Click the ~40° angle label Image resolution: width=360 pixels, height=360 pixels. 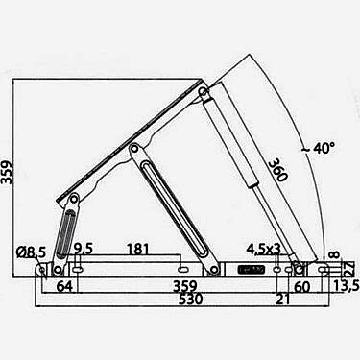pyautogui.click(x=318, y=149)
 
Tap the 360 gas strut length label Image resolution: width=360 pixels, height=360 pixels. pyautogui.click(x=276, y=170)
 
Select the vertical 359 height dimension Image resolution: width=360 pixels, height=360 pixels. pyautogui.click(x=7, y=173)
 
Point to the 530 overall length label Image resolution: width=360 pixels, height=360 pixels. pyautogui.click(x=190, y=300)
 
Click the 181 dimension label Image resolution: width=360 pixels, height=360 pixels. pyautogui.click(x=138, y=250)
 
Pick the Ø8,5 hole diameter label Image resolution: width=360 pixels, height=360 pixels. pyautogui.click(x=32, y=252)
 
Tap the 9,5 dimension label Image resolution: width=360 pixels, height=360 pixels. pyautogui.click(x=84, y=249)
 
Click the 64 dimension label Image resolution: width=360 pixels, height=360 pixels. pyautogui.click(x=64, y=286)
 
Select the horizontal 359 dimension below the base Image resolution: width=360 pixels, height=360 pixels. pyautogui.click(x=184, y=286)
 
